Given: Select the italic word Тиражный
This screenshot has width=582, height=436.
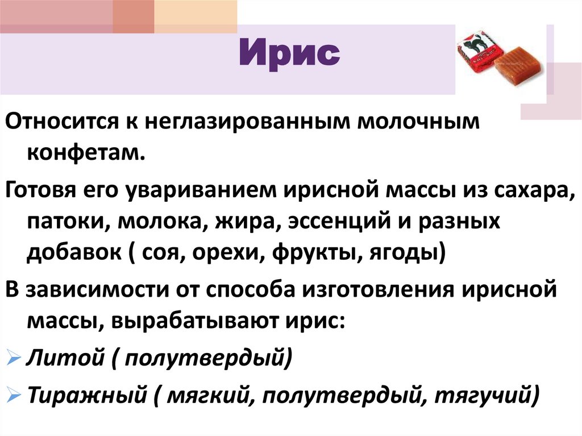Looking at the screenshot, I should point(86,393).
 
